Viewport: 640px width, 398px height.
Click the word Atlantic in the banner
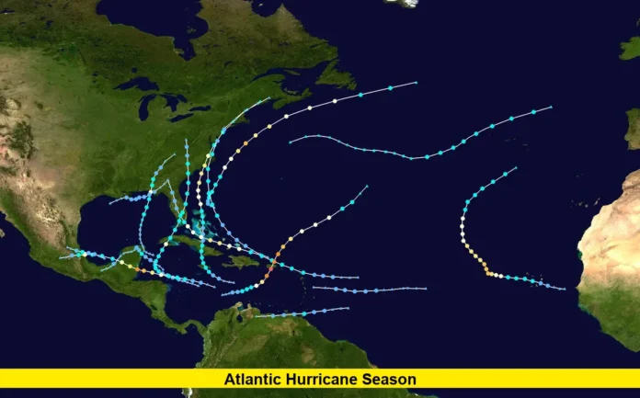pyautogui.click(x=249, y=379)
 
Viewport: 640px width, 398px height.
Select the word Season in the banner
pyautogui.click(x=391, y=379)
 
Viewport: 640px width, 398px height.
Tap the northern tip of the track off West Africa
pyautogui.click(x=516, y=167)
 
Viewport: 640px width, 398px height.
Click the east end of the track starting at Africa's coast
pyautogui.click(x=565, y=289)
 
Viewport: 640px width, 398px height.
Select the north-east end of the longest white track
pyautogui.click(x=416, y=83)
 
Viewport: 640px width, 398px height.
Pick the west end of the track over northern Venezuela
pyautogui.click(x=257, y=316)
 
